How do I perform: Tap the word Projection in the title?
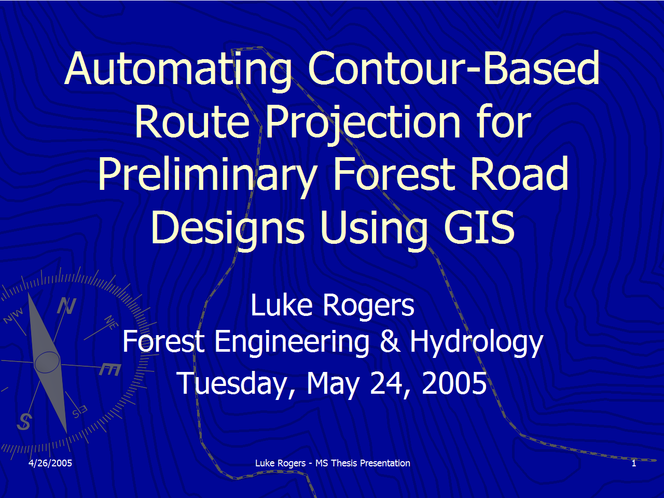pos(363,122)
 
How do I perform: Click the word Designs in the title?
pos(228,228)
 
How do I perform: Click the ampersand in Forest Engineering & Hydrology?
pos(390,342)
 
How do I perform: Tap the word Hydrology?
pos(476,343)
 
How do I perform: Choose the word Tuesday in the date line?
pos(236,384)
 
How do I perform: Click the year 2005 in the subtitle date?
pos(454,383)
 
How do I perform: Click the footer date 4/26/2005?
pos(50,463)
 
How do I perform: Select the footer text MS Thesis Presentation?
pos(363,463)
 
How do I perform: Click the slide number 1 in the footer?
pos(634,463)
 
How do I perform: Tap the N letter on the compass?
pos(66,306)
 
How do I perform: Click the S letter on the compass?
pos(24,421)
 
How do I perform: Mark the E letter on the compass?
pos(110,369)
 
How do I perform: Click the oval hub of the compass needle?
pos(47,362)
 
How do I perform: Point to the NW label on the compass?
pos(14,315)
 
